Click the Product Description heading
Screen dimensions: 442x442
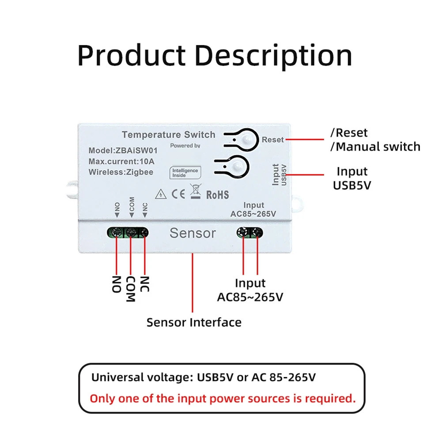point(215,56)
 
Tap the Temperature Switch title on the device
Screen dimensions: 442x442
point(169,135)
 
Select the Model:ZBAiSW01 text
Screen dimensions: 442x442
point(123,151)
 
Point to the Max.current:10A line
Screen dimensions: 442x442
point(121,161)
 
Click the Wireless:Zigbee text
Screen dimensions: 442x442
point(121,172)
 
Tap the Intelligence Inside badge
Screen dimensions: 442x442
point(185,173)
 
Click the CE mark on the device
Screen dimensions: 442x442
point(178,194)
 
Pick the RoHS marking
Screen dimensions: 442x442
point(218,195)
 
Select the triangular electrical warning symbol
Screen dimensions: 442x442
point(161,194)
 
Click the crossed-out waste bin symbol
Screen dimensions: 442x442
point(195,191)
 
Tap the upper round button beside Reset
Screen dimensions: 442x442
point(247,140)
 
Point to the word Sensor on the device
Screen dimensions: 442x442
point(193,233)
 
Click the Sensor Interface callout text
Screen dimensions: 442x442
point(194,322)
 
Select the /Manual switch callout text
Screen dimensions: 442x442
point(375,147)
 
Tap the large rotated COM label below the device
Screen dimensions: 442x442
point(131,289)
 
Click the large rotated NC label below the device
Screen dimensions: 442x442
point(144,284)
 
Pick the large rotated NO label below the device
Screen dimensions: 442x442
point(117,284)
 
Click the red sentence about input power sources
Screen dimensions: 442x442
point(223,399)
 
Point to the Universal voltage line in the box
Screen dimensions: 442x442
point(204,377)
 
